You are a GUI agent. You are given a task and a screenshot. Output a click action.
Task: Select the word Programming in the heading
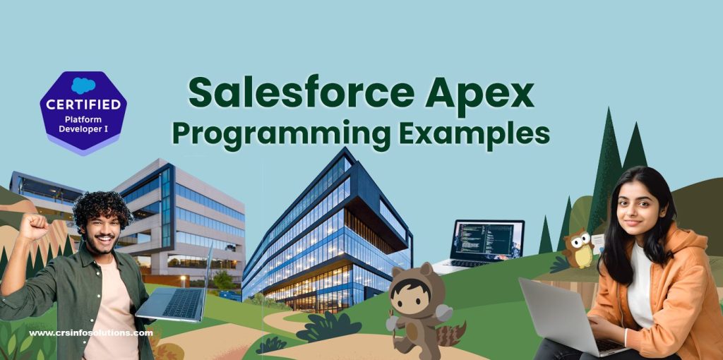[x=281, y=133]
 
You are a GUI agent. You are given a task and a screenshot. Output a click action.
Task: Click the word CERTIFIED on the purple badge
[x=83, y=104]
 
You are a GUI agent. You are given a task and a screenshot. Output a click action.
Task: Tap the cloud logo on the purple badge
[x=83, y=85]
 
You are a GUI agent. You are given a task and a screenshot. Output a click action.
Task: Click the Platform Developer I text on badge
[x=83, y=124]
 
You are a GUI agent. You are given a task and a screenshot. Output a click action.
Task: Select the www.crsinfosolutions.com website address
[x=91, y=332]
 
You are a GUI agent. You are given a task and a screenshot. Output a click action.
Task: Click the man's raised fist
[x=32, y=227]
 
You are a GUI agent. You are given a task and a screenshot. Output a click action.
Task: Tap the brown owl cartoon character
[x=578, y=249]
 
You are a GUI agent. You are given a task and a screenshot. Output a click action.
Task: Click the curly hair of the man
[x=102, y=210]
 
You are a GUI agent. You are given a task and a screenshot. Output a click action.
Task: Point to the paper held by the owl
[x=597, y=243]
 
